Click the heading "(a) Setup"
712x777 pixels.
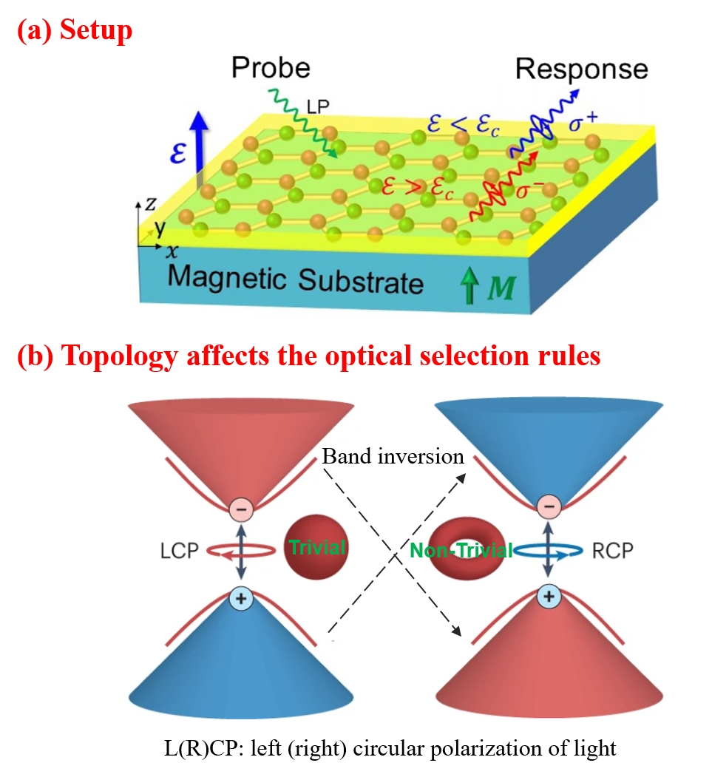pos(73,30)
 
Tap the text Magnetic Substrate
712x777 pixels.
pos(296,280)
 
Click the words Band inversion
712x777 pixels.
pos(393,456)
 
